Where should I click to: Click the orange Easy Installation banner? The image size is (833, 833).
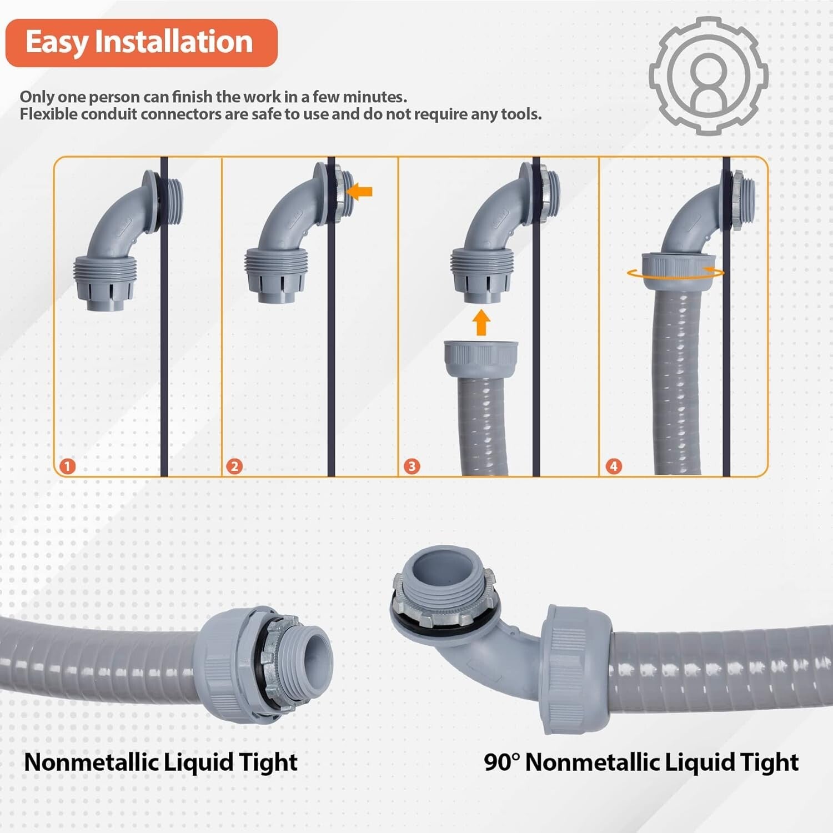tap(141, 43)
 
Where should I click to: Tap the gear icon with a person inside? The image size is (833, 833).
tap(709, 76)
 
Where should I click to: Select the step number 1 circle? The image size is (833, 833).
tap(67, 466)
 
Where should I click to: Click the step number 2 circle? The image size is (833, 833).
tap(234, 466)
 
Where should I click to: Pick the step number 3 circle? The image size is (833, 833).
tap(412, 466)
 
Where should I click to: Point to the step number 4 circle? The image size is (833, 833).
tap(613, 466)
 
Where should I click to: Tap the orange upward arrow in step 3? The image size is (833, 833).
tap(481, 323)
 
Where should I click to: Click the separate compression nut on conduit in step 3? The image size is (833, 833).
tap(481, 355)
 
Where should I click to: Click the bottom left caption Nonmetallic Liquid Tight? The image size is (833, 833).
tap(161, 762)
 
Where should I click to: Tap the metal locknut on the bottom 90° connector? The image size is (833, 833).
tap(444, 611)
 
